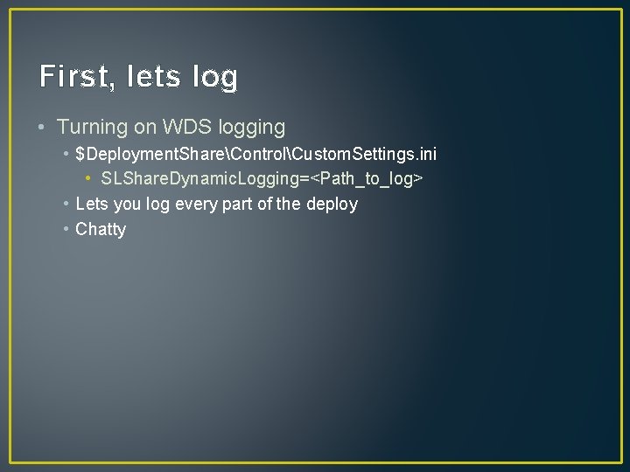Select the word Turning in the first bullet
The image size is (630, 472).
click(92, 127)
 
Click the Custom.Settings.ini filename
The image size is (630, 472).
click(365, 154)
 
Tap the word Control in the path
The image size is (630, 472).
click(261, 154)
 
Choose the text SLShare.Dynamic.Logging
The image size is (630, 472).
click(206, 179)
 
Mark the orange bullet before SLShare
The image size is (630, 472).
click(89, 179)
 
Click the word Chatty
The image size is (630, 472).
click(101, 230)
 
